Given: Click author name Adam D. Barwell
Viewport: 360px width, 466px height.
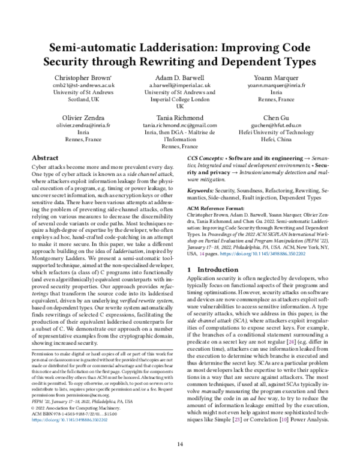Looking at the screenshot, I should pyautogui.click(x=181, y=77).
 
